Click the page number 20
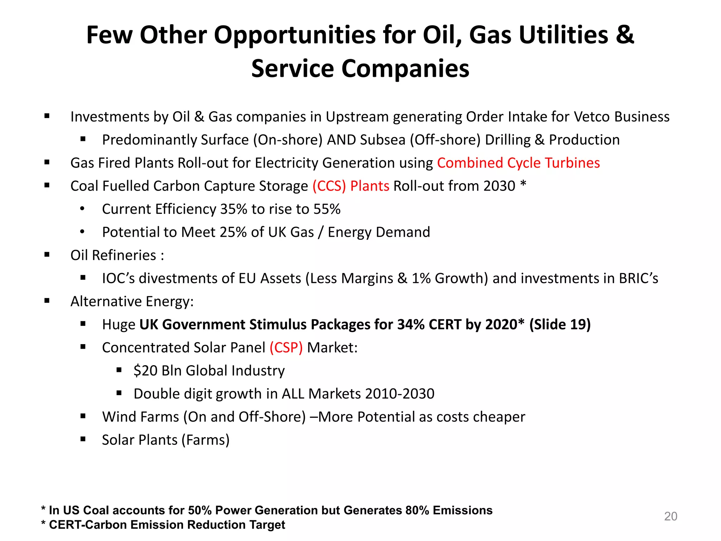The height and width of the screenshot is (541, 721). tap(670, 516)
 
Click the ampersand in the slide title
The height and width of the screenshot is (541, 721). tap(625, 35)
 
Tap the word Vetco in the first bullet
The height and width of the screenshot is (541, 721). tap(592, 117)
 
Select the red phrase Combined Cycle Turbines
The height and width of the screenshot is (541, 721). tap(518, 163)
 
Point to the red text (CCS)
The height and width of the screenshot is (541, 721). tap(329, 186)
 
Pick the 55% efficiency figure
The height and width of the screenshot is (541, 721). tap(327, 209)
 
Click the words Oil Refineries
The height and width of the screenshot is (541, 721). tap(113, 255)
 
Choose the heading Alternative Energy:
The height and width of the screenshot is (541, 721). tap(132, 301)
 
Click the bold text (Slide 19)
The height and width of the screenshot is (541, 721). tap(560, 324)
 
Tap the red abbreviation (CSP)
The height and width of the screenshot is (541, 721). tap(286, 348)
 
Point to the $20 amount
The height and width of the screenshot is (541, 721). tap(145, 371)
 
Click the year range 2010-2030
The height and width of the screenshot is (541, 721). tap(400, 394)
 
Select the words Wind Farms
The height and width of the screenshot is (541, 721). tap(140, 417)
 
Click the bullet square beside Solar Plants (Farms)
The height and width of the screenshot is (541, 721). tap(83, 439)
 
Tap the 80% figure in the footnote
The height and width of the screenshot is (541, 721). tap(417, 510)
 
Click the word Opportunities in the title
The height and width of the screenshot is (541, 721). tap(295, 35)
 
